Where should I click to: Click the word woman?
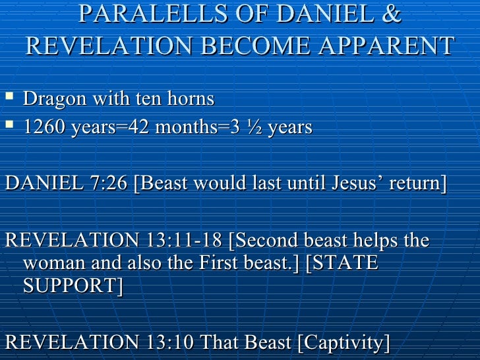pyautogui.click(x=55, y=264)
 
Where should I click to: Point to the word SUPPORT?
pyautogui.click(x=73, y=287)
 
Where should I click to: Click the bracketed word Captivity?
pyautogui.click(x=343, y=343)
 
